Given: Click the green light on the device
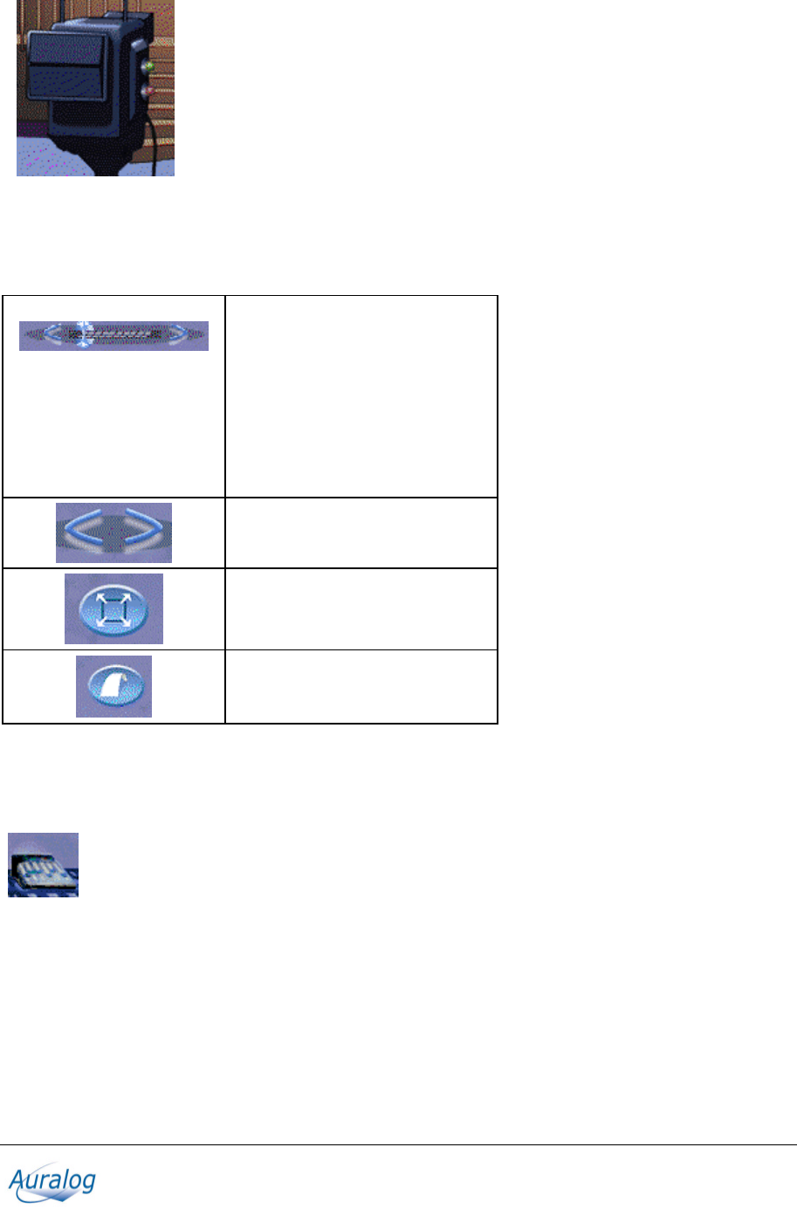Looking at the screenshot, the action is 149,66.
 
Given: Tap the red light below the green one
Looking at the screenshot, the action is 148,91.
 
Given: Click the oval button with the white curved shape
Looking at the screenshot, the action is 113,687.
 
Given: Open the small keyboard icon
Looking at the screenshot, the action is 44,865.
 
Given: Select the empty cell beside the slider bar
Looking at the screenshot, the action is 361,396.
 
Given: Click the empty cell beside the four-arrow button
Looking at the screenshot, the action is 361,608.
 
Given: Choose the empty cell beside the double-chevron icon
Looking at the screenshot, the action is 361,532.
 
